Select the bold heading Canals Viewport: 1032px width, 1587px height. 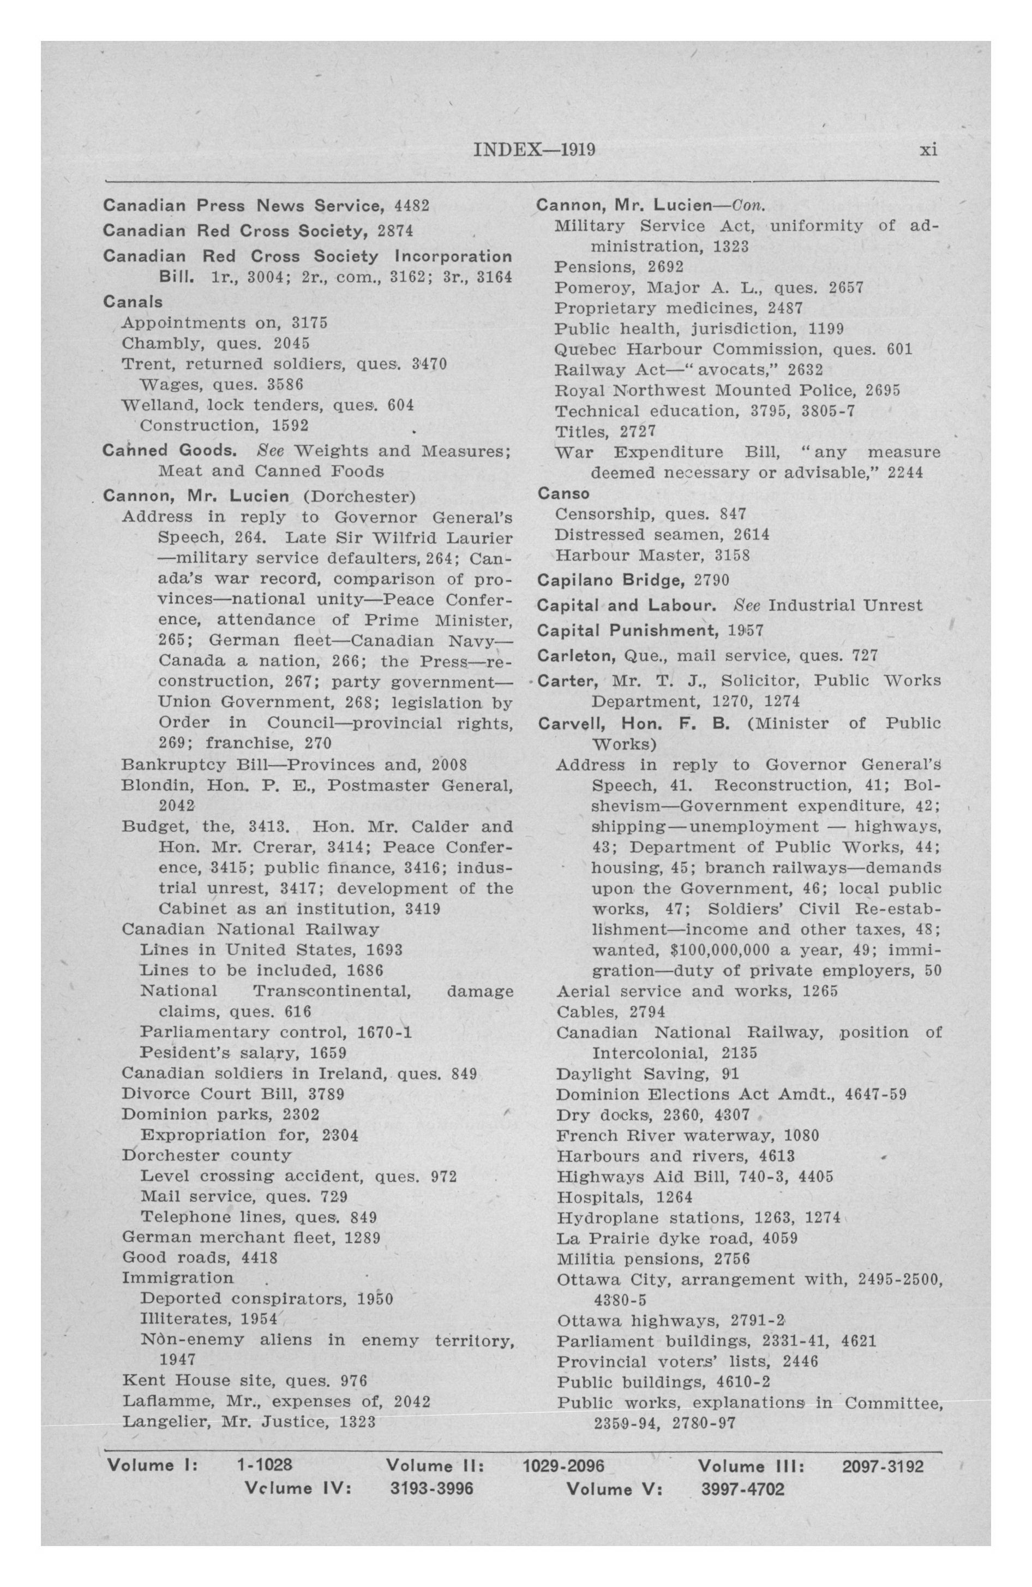pyautogui.click(x=133, y=302)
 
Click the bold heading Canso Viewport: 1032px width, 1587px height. pyautogui.click(x=563, y=493)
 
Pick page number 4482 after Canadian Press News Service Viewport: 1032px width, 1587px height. pyautogui.click(x=411, y=205)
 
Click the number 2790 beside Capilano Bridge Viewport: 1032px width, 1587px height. pyautogui.click(x=711, y=580)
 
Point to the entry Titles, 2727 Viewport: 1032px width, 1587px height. pyautogui.click(x=605, y=432)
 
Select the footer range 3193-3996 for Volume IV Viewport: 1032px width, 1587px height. pyautogui.click(x=431, y=1488)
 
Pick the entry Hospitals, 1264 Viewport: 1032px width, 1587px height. pyautogui.click(x=625, y=1197)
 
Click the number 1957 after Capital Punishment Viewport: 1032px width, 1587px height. pyautogui.click(x=745, y=630)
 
